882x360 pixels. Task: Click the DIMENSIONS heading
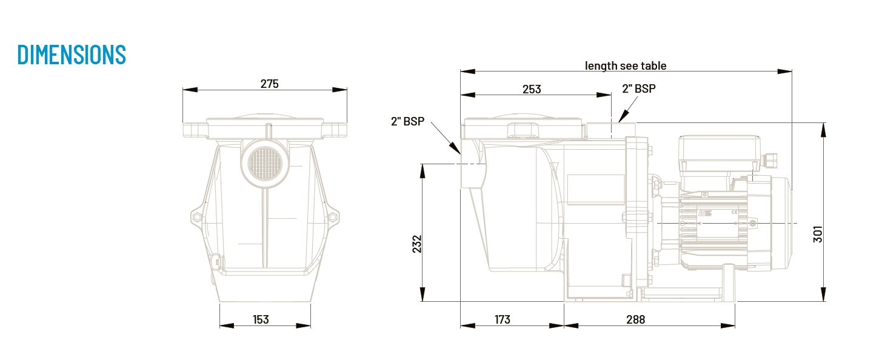[72, 55]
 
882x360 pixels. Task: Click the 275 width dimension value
[269, 84]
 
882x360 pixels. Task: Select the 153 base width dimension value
[261, 319]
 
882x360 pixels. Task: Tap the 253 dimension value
[532, 90]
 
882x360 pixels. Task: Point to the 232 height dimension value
[417, 244]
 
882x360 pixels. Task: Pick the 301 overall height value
[818, 234]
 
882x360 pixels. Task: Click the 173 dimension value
[502, 319]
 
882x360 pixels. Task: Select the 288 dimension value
[635, 319]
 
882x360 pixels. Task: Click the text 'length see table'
[625, 66]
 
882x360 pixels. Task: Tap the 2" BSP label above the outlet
[639, 88]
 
